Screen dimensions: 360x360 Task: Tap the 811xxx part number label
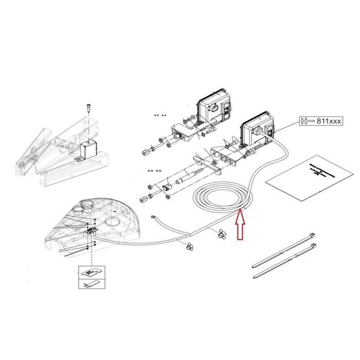tap(327, 121)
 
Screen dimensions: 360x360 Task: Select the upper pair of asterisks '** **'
tap(160, 116)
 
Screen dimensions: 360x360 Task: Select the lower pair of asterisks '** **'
tap(155, 171)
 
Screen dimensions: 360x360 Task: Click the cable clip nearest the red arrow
tap(221, 235)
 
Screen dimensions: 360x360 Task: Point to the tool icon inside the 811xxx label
tap(307, 121)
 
